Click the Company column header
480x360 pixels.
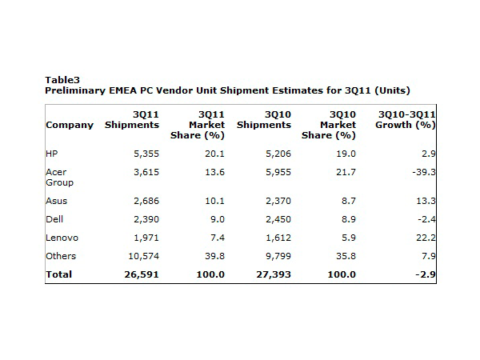(70, 125)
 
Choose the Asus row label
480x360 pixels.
(57, 201)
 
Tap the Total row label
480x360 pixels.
(59, 274)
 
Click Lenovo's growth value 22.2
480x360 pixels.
(424, 238)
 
